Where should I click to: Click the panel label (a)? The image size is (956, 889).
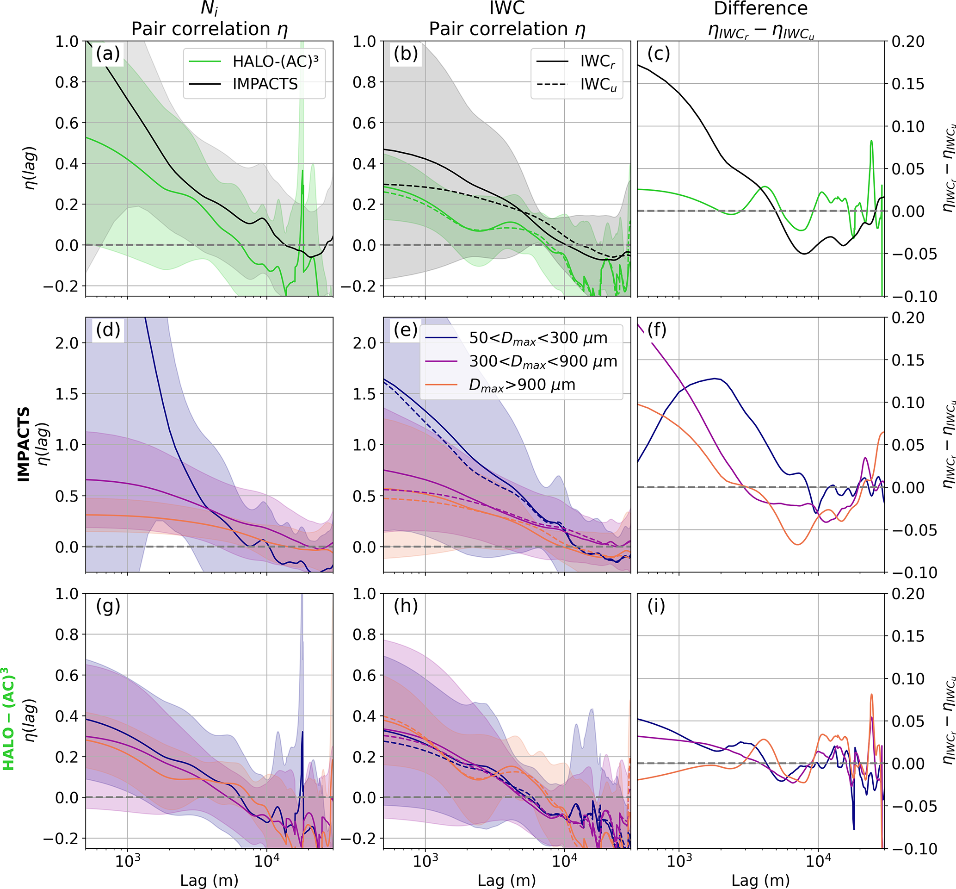pyautogui.click(x=108, y=54)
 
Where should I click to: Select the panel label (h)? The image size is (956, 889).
pyautogui.click(x=405, y=606)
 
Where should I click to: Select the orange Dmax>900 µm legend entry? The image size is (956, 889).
pyautogui.click(x=522, y=385)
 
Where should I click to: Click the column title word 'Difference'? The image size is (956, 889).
pyautogui.click(x=761, y=9)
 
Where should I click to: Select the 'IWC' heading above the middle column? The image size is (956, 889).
pyautogui.click(x=507, y=8)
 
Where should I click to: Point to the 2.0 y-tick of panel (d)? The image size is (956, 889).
pyautogui.click(x=67, y=343)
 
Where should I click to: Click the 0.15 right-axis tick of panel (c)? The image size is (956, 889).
pyautogui.click(x=908, y=84)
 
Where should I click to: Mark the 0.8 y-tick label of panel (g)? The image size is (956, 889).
pyautogui.click(x=67, y=634)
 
